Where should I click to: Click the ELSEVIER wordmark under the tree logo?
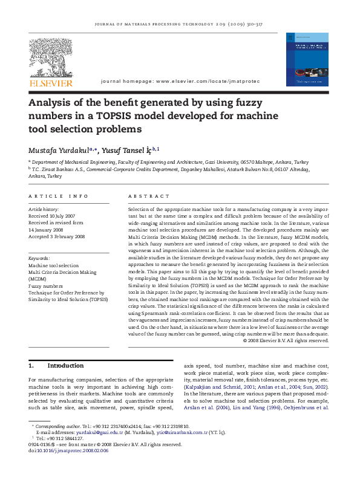click(x=51, y=83)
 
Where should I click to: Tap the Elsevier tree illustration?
click(x=51, y=58)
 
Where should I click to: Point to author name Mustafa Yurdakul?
click(x=58, y=149)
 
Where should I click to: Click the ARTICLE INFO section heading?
click(x=59, y=196)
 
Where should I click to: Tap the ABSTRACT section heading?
click(x=149, y=196)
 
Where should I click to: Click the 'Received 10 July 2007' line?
click(x=52, y=216)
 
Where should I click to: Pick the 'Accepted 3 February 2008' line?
click(x=57, y=237)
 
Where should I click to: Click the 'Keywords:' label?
click(x=39, y=258)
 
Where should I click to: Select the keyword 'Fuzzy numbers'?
click(x=46, y=286)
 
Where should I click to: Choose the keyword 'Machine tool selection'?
click(x=54, y=265)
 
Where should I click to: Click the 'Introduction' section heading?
click(x=65, y=366)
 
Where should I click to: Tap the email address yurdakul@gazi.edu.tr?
click(x=100, y=433)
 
